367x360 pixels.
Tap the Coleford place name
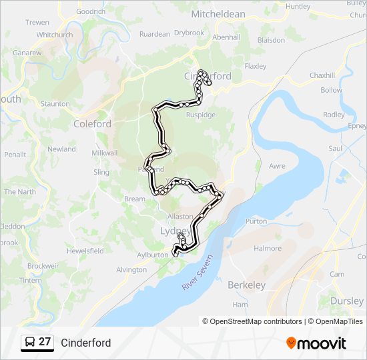(x=92, y=124)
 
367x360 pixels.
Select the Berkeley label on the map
(x=246, y=285)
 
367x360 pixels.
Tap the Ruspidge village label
(x=200, y=115)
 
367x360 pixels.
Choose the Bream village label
(x=134, y=199)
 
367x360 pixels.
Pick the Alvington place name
(x=131, y=270)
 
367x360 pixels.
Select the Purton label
(x=256, y=221)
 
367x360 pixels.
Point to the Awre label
(x=277, y=167)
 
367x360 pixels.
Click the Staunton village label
(x=55, y=104)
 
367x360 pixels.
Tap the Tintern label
(x=31, y=280)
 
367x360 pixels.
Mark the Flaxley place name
(x=255, y=66)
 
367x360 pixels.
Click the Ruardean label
(x=155, y=34)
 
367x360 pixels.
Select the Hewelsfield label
(x=85, y=251)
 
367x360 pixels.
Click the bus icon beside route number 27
(x=30, y=343)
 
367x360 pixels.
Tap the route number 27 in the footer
(x=45, y=343)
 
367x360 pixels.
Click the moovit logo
(x=316, y=343)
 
